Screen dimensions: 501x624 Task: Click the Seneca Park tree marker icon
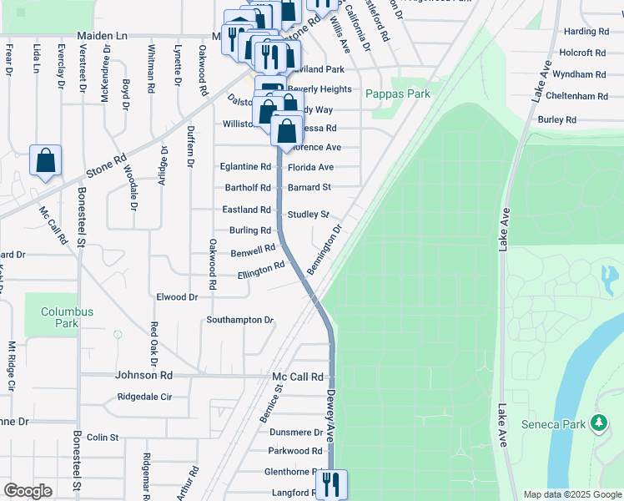598,424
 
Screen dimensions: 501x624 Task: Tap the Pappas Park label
398,94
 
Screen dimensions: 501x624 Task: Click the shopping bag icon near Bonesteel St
46,161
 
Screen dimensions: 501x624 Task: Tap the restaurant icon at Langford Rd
332,484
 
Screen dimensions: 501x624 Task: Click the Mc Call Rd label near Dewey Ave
297,377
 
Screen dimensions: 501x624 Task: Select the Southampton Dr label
240,320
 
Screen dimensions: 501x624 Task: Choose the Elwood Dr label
177,296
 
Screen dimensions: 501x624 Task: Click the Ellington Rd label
261,271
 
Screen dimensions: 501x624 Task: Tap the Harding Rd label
586,32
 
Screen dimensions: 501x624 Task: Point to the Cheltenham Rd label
579,97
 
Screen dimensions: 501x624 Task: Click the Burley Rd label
557,120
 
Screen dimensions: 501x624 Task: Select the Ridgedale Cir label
144,397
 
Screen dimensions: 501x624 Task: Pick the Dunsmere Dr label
296,433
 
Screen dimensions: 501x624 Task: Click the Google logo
28,490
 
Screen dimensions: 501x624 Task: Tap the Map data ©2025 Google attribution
571,494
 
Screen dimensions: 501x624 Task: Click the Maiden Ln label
102,37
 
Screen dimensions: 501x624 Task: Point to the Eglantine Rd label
245,167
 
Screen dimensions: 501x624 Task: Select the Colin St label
103,437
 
